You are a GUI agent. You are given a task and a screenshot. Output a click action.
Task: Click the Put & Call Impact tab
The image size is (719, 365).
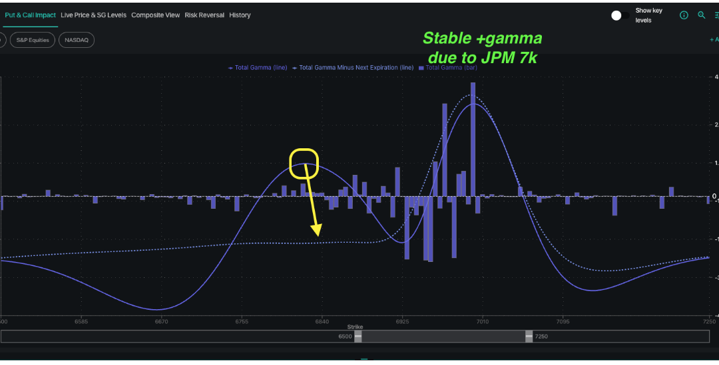click(30, 15)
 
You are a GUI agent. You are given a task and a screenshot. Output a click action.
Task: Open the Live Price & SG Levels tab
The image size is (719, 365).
click(93, 15)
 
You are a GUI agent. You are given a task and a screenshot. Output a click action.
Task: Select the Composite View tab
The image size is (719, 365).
click(155, 15)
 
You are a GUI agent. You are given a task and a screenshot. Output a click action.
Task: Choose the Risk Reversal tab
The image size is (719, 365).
click(204, 15)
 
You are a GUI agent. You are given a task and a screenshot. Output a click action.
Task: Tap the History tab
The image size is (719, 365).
click(240, 15)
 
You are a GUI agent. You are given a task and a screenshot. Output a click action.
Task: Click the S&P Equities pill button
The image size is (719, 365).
click(33, 40)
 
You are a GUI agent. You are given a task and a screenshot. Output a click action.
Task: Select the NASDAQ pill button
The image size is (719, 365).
click(77, 40)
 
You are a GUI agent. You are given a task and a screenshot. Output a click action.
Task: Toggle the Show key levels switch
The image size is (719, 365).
click(620, 15)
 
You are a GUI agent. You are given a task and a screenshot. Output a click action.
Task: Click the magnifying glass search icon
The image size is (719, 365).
click(701, 15)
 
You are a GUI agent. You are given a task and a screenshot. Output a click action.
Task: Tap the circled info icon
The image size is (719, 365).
click(684, 15)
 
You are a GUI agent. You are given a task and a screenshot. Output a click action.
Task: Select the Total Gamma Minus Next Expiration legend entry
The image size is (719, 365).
click(353, 67)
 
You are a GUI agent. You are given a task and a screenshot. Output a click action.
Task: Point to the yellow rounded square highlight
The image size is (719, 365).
click(304, 164)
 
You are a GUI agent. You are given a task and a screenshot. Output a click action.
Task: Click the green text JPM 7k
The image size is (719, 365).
click(507, 58)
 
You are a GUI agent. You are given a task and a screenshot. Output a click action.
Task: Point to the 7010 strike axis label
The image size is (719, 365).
click(482, 321)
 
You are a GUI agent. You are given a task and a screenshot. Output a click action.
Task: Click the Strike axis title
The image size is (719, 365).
click(356, 327)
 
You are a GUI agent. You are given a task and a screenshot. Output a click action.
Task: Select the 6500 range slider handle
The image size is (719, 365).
click(358, 336)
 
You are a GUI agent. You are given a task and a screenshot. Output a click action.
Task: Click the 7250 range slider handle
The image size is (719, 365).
click(529, 336)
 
